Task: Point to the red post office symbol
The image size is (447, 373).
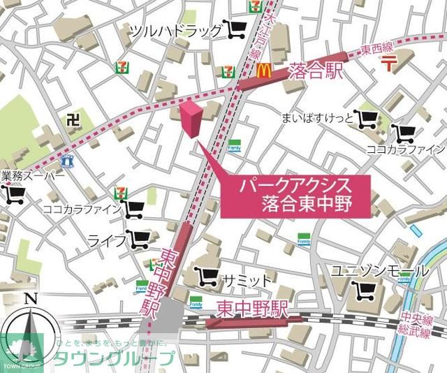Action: point(389,65)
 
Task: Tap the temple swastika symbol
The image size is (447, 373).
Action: point(72,119)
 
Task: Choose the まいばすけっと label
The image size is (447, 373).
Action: point(316,118)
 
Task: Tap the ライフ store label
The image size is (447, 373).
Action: point(107,240)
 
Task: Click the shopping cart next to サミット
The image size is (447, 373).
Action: point(206,277)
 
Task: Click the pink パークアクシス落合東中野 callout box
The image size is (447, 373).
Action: point(295,196)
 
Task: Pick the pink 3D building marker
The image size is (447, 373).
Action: point(191,119)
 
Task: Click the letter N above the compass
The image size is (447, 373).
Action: point(29,299)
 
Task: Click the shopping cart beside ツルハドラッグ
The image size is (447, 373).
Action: point(237,29)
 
